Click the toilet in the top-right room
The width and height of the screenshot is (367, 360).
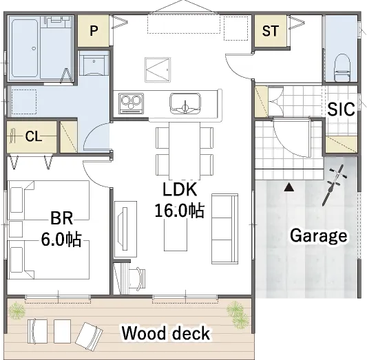[342, 67]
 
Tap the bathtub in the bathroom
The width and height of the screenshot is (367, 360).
[25, 48]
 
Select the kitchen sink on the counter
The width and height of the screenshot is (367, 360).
[185, 103]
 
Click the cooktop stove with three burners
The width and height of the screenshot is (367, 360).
[131, 103]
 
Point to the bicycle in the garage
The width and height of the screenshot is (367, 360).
[333, 185]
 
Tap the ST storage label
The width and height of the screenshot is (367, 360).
[271, 31]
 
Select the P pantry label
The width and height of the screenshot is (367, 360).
[94, 30]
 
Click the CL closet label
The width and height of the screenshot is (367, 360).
[34, 136]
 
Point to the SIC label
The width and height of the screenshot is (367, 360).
[341, 109]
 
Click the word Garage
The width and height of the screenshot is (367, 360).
[319, 236]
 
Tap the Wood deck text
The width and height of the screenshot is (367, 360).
[166, 332]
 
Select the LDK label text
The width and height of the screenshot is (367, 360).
[180, 189]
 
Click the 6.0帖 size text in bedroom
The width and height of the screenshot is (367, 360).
[61, 239]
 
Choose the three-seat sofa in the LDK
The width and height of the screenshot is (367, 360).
[224, 229]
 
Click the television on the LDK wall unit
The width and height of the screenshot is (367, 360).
[123, 229]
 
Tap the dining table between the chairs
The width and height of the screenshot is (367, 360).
[185, 151]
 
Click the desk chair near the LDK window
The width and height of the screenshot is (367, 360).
[138, 278]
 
